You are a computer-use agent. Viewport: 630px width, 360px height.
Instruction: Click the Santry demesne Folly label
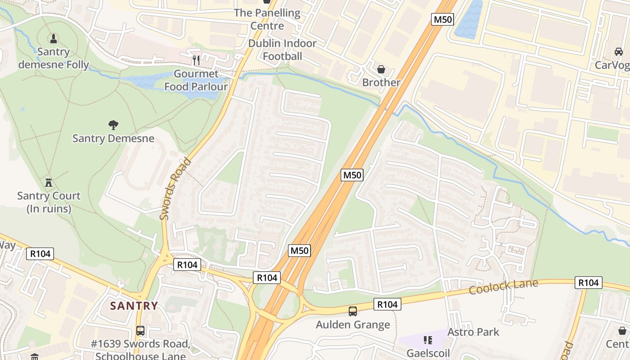[54, 58]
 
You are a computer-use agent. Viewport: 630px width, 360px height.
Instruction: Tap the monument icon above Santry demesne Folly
[54, 38]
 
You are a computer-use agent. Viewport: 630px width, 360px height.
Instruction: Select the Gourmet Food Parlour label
[196, 80]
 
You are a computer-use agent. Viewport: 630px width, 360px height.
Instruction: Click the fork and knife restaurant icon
[196, 60]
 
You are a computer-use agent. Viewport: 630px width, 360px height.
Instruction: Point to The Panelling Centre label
[267, 19]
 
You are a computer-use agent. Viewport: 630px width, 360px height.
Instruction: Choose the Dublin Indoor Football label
[283, 49]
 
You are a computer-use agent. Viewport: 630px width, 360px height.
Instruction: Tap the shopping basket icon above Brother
[381, 69]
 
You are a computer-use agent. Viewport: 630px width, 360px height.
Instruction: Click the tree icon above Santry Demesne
[113, 125]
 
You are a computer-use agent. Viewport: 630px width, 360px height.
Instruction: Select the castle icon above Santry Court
[49, 182]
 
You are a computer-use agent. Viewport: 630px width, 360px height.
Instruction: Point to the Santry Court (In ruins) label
[49, 202]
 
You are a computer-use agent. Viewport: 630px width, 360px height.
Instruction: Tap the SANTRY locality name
[134, 306]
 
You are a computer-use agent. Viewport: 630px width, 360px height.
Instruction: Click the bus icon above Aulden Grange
[353, 311]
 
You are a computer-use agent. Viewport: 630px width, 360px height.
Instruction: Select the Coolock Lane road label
[503, 287]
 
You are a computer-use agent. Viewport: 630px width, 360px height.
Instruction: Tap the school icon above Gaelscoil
[427, 340]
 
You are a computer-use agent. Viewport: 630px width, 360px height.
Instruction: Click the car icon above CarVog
[619, 52]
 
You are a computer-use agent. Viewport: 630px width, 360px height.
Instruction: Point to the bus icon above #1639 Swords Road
[140, 331]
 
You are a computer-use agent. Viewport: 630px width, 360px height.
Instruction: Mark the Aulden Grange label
[353, 324]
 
